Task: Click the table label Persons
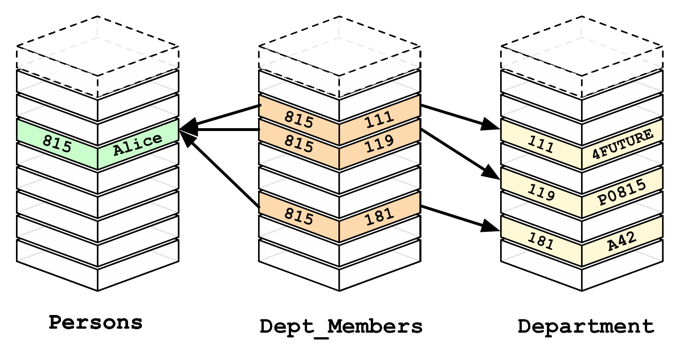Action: pos(95,322)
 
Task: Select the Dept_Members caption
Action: pos(341,326)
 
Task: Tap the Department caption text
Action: pos(586,326)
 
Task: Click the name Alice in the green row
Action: pos(137,145)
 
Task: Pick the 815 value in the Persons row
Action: pos(57,145)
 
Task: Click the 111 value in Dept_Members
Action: pos(379,118)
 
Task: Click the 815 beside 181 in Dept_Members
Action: pos(299,216)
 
